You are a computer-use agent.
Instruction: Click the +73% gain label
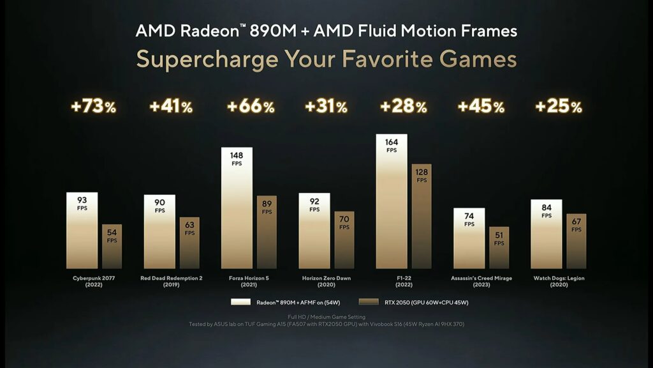coord(93,107)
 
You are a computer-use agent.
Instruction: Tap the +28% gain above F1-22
coord(403,107)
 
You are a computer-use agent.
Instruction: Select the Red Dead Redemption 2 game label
coord(172,281)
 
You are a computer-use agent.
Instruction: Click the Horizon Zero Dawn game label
coord(326,281)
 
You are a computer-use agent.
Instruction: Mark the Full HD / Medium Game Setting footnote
coord(326,316)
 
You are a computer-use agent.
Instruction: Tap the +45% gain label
coord(481,107)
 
